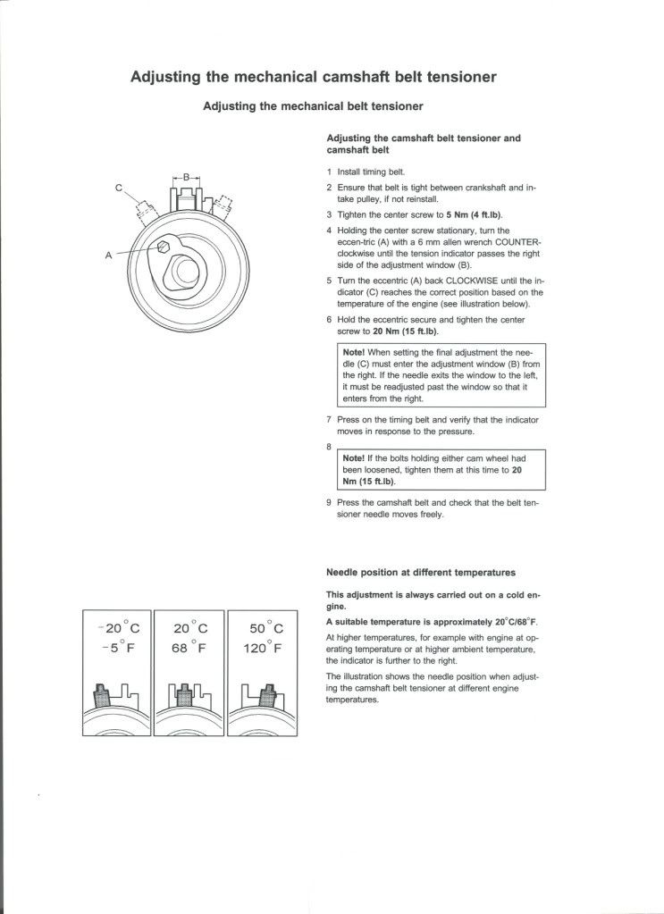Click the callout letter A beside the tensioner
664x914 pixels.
pos(109,255)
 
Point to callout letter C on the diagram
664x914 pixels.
pos(118,188)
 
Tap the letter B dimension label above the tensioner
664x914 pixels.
pos(186,177)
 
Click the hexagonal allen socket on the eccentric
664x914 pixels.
pos(164,246)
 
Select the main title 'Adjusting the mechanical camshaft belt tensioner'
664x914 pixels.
pos(314,77)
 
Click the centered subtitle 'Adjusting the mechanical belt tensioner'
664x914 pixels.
pos(314,105)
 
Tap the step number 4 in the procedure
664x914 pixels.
pos(329,229)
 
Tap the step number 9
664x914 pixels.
pos(329,502)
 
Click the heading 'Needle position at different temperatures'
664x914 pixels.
pos(421,572)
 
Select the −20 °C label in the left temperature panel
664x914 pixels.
pos(117,628)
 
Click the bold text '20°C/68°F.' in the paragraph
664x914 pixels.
pos(517,621)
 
